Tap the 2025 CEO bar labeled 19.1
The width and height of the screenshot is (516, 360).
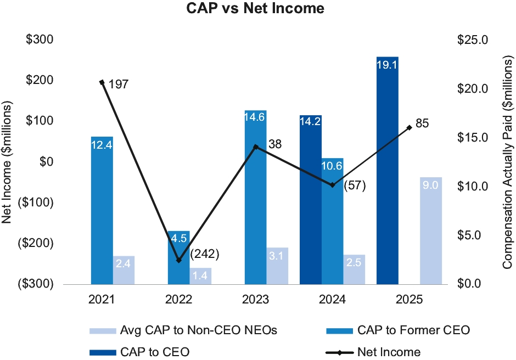(388, 170)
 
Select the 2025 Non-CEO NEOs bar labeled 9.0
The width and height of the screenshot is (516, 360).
(431, 230)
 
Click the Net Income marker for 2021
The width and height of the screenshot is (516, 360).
(102, 82)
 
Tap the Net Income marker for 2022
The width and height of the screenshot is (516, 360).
(179, 260)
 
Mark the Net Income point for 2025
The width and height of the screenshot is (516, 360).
(409, 127)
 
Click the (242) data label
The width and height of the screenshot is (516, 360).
(204, 254)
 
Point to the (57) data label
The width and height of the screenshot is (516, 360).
(354, 185)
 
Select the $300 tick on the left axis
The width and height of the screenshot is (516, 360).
(41, 40)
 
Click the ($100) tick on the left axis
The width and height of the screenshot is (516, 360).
(37, 203)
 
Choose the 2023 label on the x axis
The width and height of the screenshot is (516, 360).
(255, 300)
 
